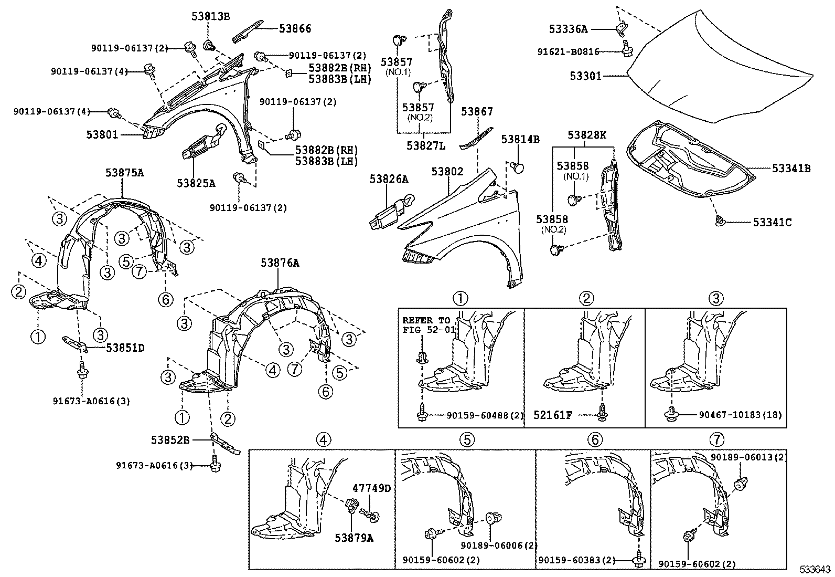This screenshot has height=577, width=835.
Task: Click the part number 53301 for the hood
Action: point(585,76)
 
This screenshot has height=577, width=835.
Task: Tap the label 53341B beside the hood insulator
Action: point(790,169)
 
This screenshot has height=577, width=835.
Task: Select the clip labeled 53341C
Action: point(720,222)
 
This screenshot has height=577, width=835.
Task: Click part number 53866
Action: point(295,29)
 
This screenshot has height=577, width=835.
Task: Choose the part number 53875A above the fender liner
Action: point(124,172)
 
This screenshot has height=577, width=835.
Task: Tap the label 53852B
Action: point(170,440)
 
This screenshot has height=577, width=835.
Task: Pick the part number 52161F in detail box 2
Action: point(553,415)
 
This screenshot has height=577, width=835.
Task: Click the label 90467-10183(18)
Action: point(740,415)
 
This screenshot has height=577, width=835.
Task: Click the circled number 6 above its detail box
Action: point(594,440)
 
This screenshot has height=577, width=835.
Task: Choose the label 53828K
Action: point(586,135)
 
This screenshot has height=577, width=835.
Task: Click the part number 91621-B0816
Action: point(568,52)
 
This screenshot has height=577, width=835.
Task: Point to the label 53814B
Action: point(520,139)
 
